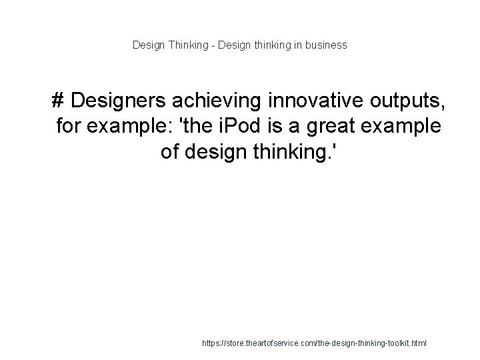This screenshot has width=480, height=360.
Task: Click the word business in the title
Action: coord(327,45)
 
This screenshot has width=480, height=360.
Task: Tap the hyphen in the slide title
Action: coord(213,45)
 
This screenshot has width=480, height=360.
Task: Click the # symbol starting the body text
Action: coord(58,101)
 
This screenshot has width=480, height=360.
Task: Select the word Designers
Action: coord(117,101)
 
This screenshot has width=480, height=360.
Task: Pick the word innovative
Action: coord(311,101)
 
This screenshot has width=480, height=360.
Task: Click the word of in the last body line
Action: coord(171,151)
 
